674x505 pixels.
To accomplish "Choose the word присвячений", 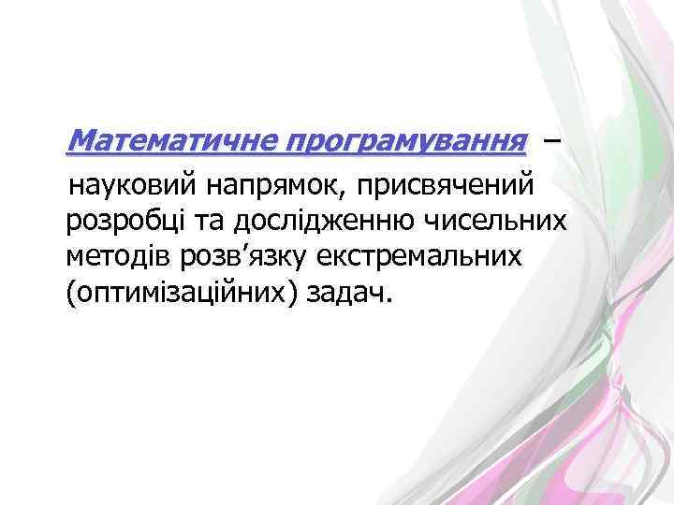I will point(447,185).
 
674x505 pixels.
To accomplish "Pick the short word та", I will point(209,222).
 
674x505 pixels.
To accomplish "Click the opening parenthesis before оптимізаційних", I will point(70,294).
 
